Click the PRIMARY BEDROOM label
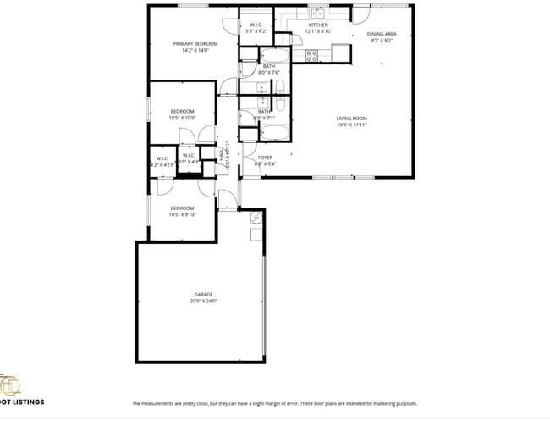point(195,43)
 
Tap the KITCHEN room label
point(318,25)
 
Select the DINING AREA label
point(382,34)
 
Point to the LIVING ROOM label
point(351,118)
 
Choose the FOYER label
point(266,158)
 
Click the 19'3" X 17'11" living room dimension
point(351,125)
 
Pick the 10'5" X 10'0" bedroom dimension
point(183,118)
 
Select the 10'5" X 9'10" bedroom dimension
point(183,214)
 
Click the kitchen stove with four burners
point(311,55)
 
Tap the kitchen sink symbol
point(319,14)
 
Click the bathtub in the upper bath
point(280,88)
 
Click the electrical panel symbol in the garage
point(256,218)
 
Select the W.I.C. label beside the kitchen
point(255,25)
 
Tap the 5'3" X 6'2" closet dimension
point(255,31)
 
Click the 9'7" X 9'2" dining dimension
point(382,40)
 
